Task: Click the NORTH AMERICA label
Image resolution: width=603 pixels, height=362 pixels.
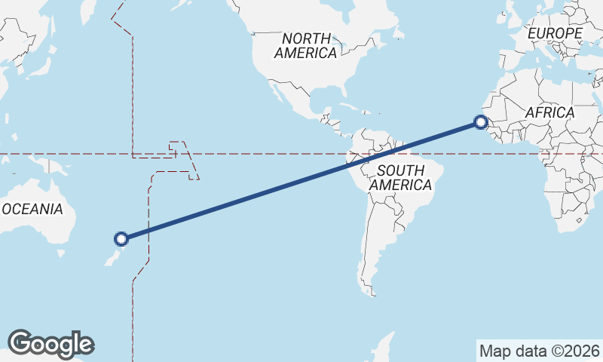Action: pos(305,45)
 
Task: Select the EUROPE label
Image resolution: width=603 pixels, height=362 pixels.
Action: pos(555,34)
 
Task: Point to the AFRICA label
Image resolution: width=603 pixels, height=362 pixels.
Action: pos(549,112)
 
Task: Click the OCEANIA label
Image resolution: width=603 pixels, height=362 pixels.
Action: pos(32,209)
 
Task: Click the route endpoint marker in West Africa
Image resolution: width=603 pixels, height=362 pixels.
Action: pos(480,122)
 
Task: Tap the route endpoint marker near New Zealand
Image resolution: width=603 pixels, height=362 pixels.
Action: pos(121,239)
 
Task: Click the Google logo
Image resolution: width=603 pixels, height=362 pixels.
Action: pos(51,343)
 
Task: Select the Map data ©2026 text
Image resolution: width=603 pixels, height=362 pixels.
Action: pos(539,351)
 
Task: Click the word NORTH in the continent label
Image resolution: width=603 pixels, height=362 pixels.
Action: pos(306,38)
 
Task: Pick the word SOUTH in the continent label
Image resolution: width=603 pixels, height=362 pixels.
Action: pos(401,170)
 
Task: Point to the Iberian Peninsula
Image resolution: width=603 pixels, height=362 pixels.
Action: pos(504,60)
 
